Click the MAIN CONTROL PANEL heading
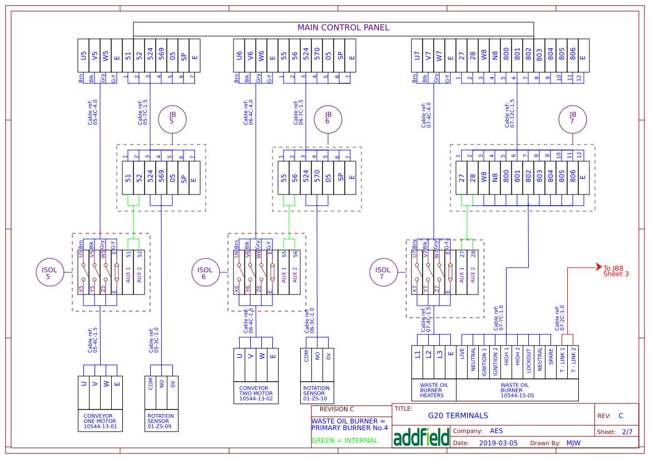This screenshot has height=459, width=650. [x=343, y=28]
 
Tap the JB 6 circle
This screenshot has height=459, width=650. [x=328, y=118]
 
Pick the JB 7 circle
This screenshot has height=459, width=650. [x=573, y=118]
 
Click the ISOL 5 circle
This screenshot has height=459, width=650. [x=49, y=273]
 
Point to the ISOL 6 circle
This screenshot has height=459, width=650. [x=205, y=273]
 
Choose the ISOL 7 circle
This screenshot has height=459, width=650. [x=383, y=273]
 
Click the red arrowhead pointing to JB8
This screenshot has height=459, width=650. [x=599, y=267]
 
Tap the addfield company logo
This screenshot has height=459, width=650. [x=421, y=437]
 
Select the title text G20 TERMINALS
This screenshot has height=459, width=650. [x=458, y=416]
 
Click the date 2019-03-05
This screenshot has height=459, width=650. [x=498, y=443]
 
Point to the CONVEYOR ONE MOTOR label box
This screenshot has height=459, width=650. [x=100, y=421]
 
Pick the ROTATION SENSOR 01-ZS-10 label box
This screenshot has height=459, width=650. [x=317, y=393]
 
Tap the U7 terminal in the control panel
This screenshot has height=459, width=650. [x=417, y=56]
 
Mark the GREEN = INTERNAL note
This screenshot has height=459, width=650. [x=344, y=441]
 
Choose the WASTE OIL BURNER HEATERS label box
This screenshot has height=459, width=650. [x=434, y=390]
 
